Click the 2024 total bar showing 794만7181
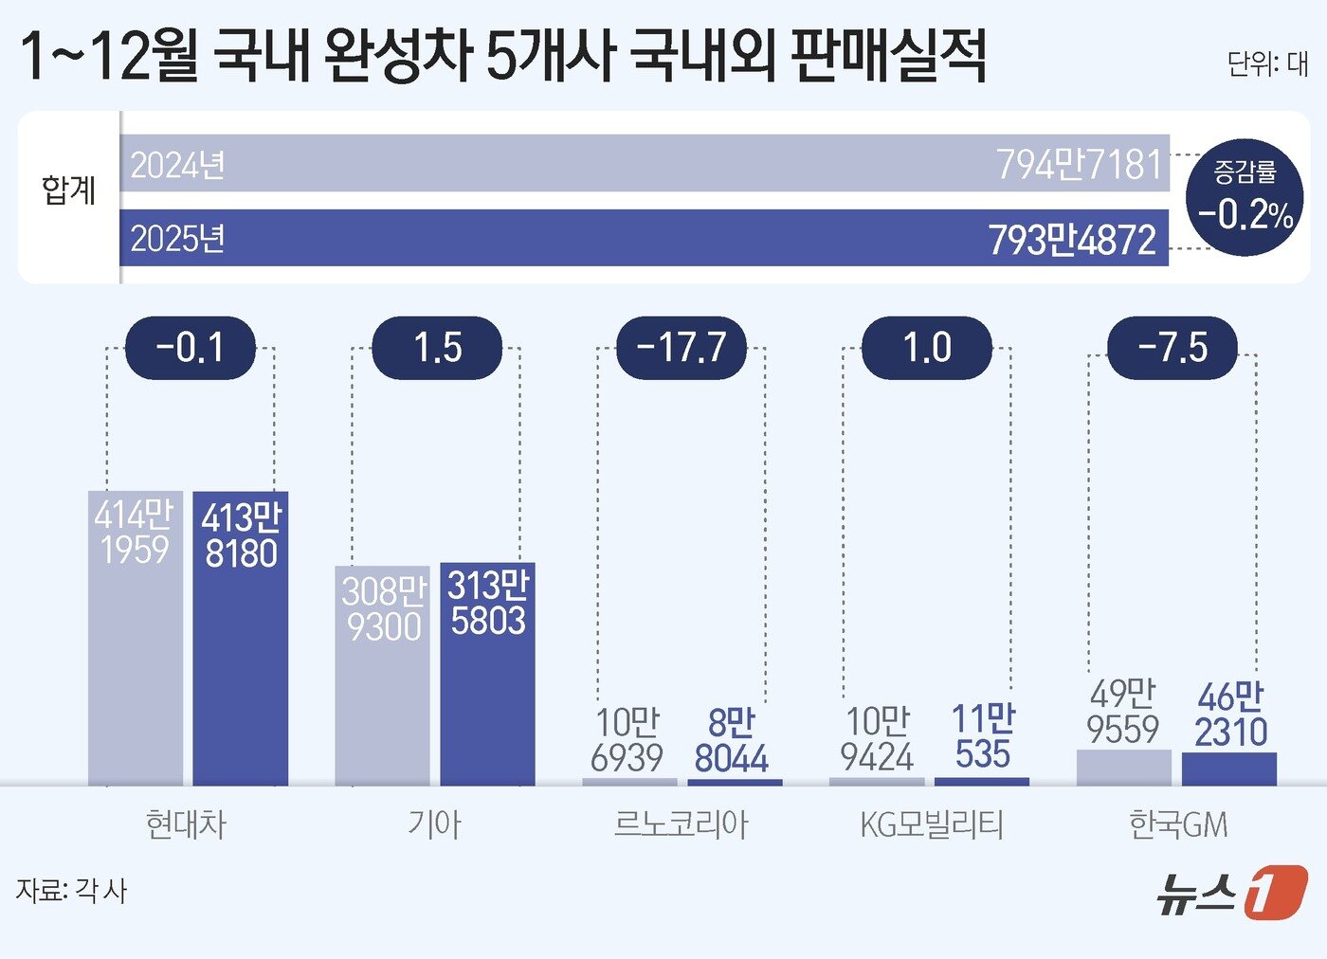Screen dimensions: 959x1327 [x=645, y=164]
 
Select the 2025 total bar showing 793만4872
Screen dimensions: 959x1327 [x=645, y=238]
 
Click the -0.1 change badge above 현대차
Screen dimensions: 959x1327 [x=191, y=348]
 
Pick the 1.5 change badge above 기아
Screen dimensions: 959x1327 [x=437, y=348]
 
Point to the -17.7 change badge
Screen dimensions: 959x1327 [x=682, y=348]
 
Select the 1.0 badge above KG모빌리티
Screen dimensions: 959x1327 [x=926, y=348]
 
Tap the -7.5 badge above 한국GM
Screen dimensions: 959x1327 [x=1172, y=348]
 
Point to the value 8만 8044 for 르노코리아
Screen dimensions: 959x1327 [x=731, y=741]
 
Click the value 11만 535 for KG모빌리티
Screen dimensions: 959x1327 [x=983, y=737]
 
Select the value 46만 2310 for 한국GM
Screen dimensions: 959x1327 [x=1230, y=715]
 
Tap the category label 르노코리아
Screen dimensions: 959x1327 [x=682, y=824]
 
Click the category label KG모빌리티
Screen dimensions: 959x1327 [x=931, y=824]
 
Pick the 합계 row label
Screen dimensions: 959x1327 [x=69, y=190]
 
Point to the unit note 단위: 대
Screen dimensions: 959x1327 [x=1267, y=63]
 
